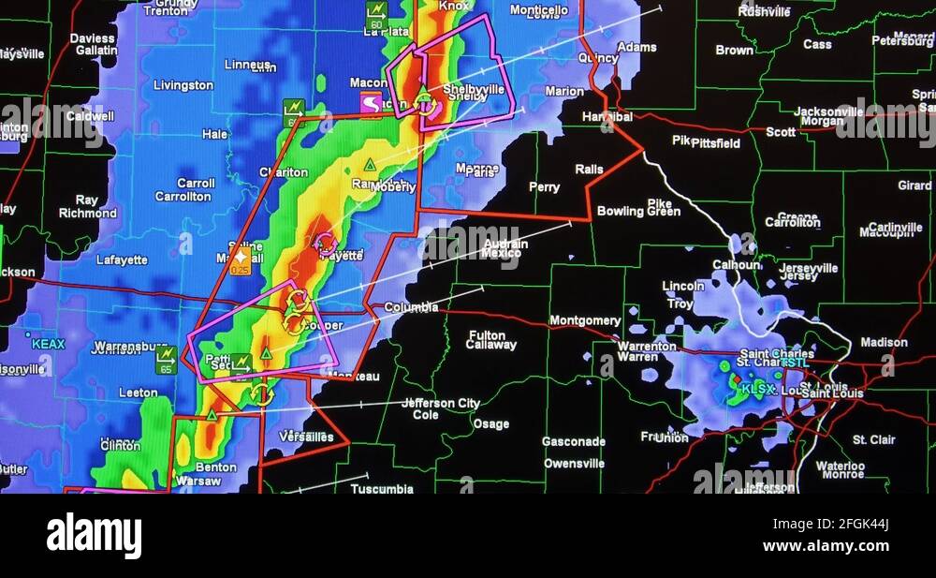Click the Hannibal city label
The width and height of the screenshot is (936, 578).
607,117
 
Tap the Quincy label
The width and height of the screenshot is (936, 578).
598,58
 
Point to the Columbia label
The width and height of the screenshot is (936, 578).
411,307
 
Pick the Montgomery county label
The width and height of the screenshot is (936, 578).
585,320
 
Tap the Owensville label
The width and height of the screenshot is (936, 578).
574,464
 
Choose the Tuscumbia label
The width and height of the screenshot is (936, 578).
381,488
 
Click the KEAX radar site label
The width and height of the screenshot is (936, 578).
48,344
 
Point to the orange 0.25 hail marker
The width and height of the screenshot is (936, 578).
241,259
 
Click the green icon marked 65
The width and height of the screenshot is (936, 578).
167,360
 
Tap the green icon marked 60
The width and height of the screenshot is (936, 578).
376,15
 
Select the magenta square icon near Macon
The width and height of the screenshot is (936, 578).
372,103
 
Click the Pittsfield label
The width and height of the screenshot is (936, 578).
715,144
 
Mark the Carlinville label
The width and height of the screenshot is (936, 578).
895,228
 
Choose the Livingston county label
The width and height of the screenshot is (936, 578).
183,85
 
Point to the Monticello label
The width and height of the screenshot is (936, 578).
538,10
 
